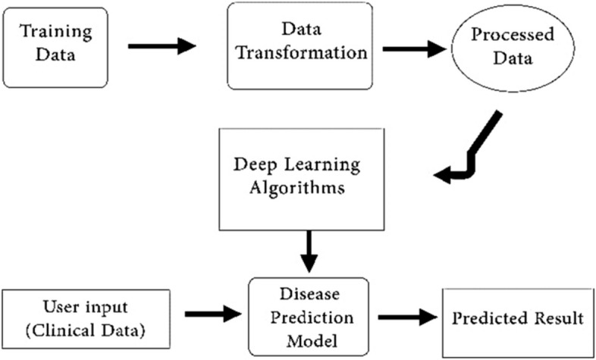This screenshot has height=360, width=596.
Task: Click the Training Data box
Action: [x=55, y=46]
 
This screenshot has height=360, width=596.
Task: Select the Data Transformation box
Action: [x=300, y=45]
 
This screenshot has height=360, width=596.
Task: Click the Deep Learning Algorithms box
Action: [x=297, y=179]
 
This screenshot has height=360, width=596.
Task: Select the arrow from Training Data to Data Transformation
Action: [x=162, y=47]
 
